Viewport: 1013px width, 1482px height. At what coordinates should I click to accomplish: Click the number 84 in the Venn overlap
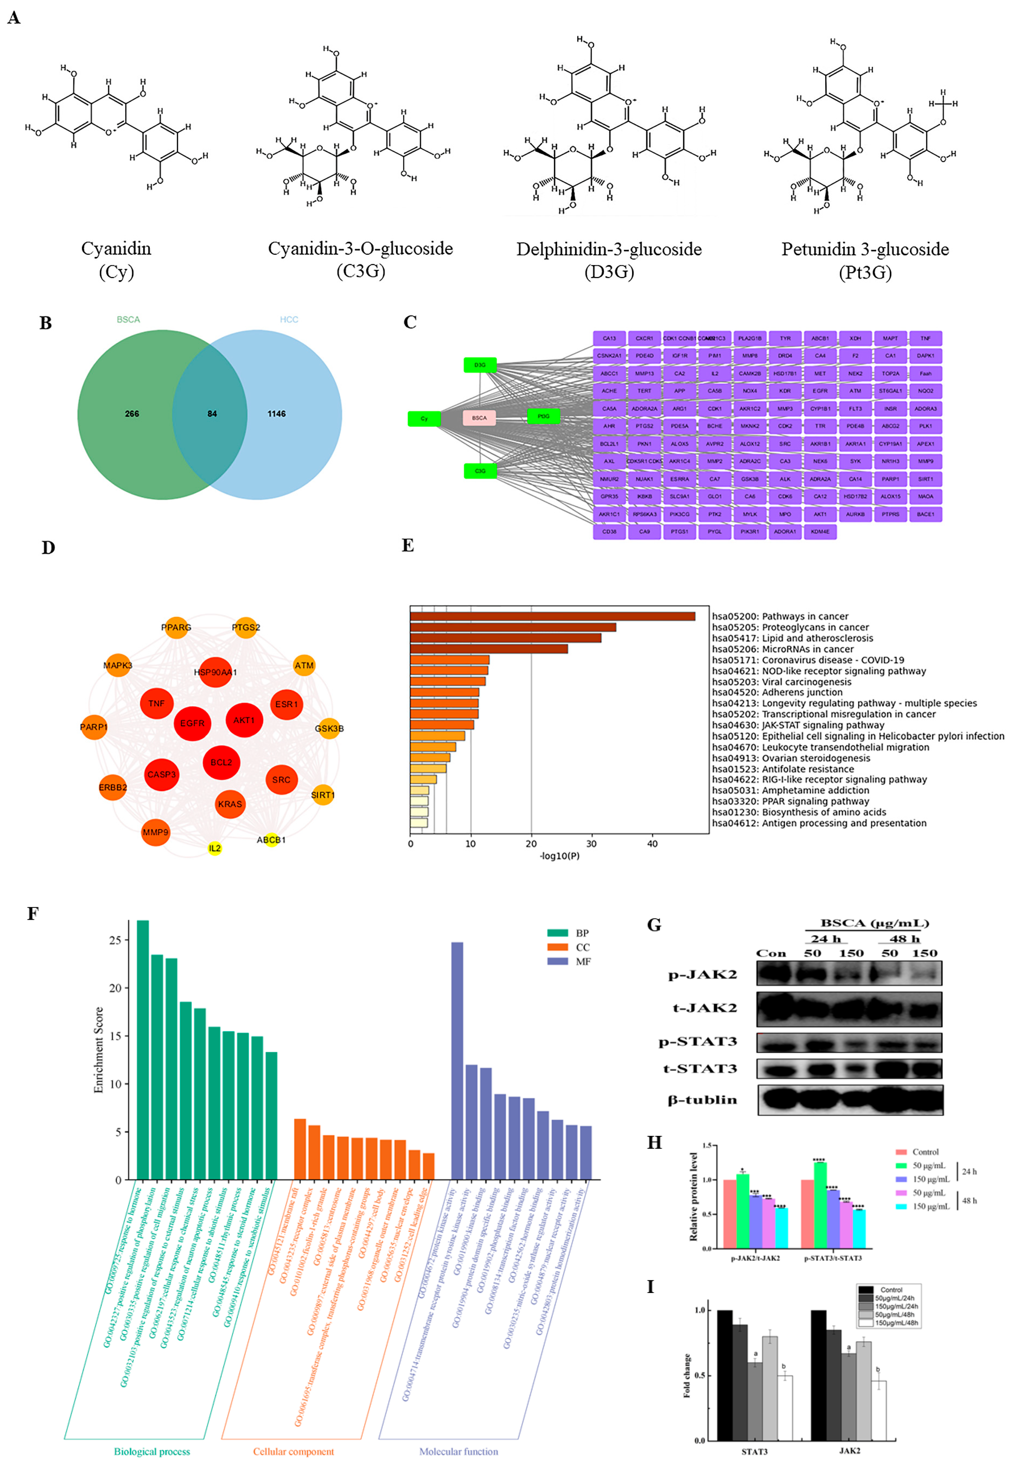click(x=212, y=414)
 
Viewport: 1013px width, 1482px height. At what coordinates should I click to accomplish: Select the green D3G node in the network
click(x=480, y=365)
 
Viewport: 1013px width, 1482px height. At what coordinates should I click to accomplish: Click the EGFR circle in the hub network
click(x=192, y=723)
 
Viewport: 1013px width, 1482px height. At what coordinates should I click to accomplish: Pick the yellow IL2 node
click(x=215, y=848)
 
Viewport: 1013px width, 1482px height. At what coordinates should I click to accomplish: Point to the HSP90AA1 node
click(x=216, y=672)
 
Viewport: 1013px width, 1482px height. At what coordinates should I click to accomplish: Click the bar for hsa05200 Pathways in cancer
click(x=552, y=616)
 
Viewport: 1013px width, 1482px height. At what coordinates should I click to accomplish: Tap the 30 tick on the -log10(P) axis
click(x=591, y=844)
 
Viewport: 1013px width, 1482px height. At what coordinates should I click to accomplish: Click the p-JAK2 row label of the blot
click(x=702, y=974)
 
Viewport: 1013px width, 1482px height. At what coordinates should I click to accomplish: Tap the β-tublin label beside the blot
click(x=702, y=1100)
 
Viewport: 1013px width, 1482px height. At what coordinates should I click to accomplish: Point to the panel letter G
click(x=654, y=925)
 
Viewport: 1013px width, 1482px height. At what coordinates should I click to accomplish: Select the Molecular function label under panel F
click(x=459, y=1451)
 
